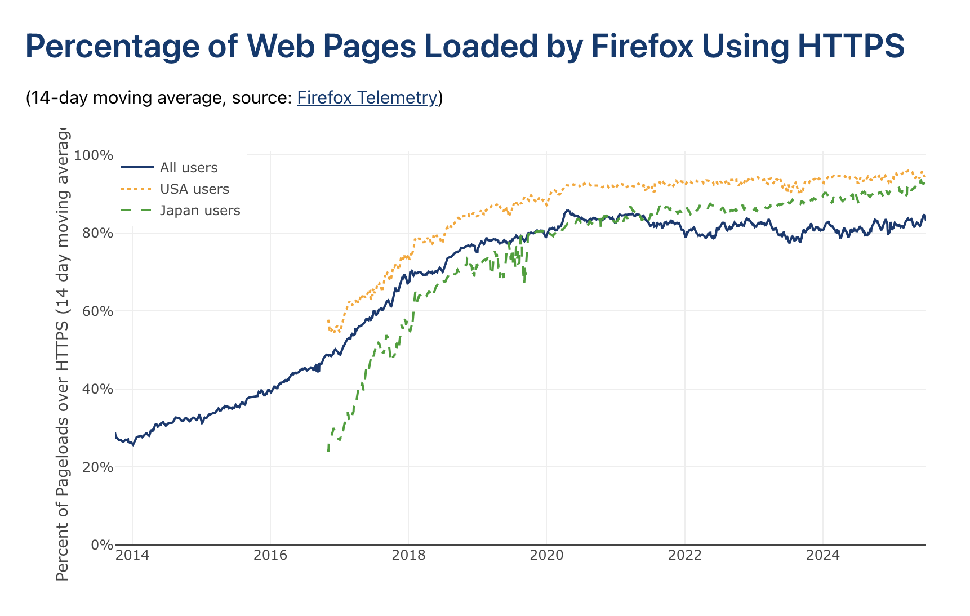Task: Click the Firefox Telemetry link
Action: pos(367,98)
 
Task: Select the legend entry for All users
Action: pos(188,168)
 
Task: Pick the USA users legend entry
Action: pos(194,189)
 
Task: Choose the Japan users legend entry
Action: pos(200,211)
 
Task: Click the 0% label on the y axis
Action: pos(101,545)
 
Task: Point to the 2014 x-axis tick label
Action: pos(132,556)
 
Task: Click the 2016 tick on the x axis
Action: pos(270,556)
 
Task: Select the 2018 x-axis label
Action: pos(408,556)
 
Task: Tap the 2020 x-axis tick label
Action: pos(546,556)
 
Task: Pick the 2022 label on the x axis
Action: pos(685,556)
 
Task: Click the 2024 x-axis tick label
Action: pos(823,556)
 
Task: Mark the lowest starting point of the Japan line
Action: pos(328,450)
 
